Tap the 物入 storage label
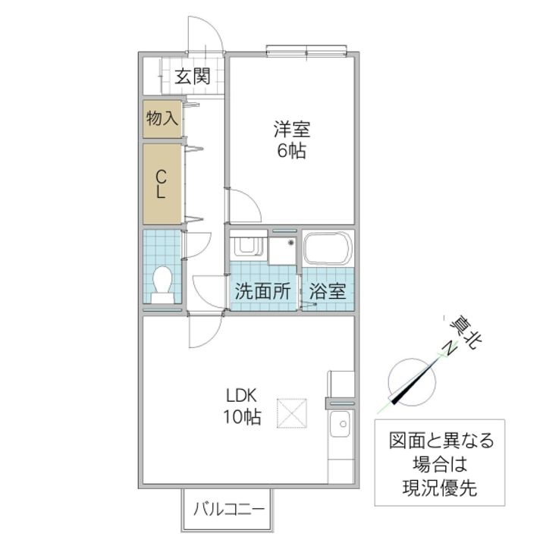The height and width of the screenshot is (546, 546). click(162, 118)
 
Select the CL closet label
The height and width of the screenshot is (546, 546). click(161, 184)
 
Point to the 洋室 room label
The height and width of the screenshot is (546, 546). click(291, 130)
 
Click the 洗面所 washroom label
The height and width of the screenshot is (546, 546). click(262, 290)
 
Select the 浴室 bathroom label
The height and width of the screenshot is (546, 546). click(328, 290)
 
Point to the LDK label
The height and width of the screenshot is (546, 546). click(242, 395)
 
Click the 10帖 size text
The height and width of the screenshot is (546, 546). click(242, 416)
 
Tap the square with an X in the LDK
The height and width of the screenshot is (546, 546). click(292, 413)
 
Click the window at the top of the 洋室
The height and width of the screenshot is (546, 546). click(307, 51)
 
